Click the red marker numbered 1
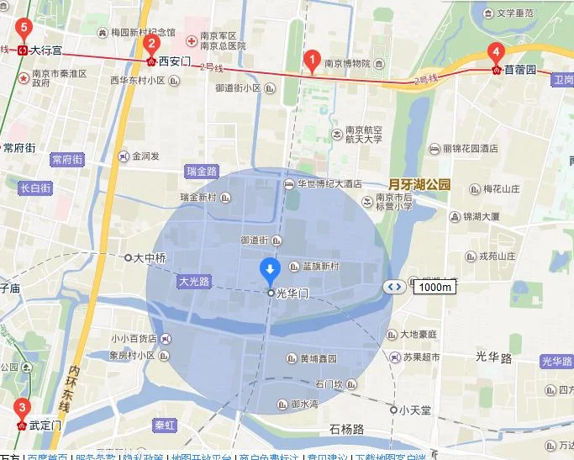click(x=312, y=61)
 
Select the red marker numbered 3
click(x=21, y=410)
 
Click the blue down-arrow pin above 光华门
click(x=270, y=270)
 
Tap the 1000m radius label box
click(x=434, y=287)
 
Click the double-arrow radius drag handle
click(x=394, y=287)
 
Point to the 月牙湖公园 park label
click(x=419, y=184)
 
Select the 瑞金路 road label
click(x=202, y=171)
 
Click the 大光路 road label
click(x=193, y=281)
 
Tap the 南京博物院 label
click(x=347, y=64)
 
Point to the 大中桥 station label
click(x=150, y=258)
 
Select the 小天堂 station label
click(x=415, y=410)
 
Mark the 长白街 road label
click(x=35, y=188)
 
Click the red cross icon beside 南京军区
click(x=191, y=39)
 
